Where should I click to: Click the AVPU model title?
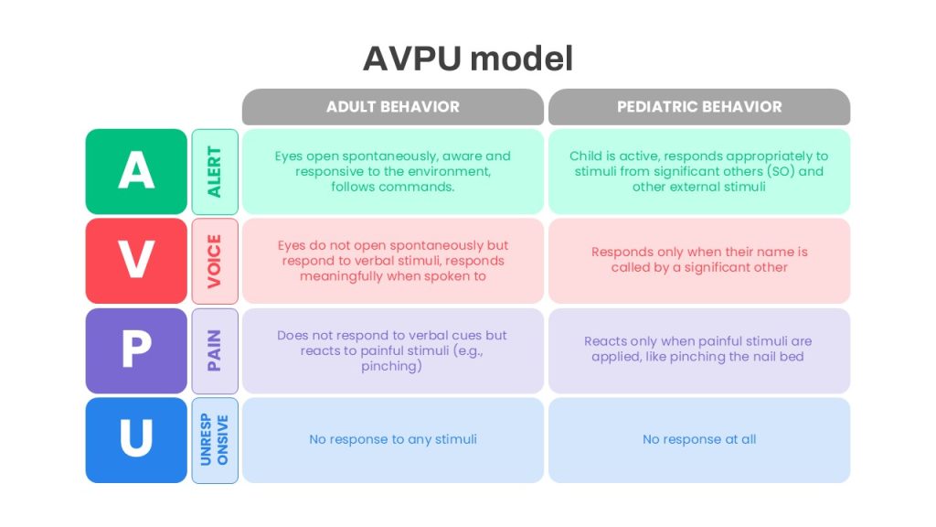[x=467, y=59]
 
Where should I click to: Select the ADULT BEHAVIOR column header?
[x=393, y=107]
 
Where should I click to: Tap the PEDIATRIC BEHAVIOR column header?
[x=699, y=107]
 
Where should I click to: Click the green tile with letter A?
[x=136, y=171]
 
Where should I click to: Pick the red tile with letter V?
[x=136, y=261]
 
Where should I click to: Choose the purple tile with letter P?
[x=136, y=350]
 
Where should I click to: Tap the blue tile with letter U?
[x=136, y=440]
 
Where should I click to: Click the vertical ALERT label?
[x=215, y=171]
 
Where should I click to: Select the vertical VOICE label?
[x=215, y=261]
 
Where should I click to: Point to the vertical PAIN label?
[x=215, y=350]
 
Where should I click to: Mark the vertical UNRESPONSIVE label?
[x=215, y=440]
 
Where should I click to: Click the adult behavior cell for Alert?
[x=393, y=171]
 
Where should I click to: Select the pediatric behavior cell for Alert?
[x=699, y=171]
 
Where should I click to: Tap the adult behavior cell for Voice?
[x=393, y=261]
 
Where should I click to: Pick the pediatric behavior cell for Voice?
[x=699, y=261]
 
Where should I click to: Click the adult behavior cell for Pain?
[x=393, y=350]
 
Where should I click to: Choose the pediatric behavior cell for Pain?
[x=699, y=350]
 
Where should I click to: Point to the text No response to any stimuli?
[x=393, y=440]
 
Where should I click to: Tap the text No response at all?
[x=699, y=440]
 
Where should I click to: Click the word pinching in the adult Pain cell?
[x=389, y=366]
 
